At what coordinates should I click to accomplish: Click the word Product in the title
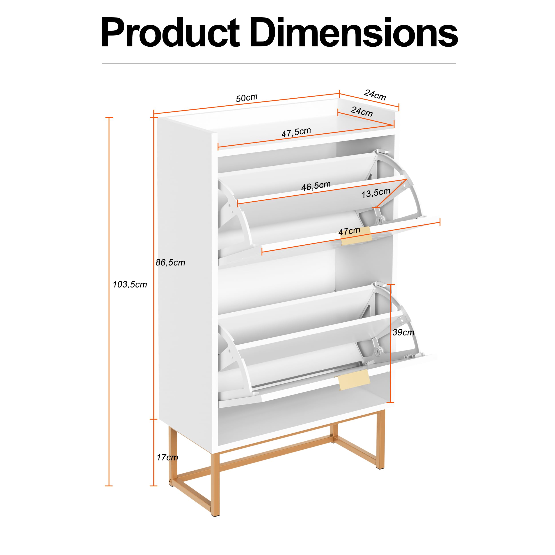point(170,33)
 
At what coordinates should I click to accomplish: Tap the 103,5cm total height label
point(130,284)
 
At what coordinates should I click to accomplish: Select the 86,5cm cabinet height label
point(170,262)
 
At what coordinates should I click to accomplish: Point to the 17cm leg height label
point(167,457)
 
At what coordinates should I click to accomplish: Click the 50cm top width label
point(247,98)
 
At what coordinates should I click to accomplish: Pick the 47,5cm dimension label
point(296,132)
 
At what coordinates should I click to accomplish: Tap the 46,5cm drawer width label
point(316,186)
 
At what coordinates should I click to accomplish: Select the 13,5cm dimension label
point(376,193)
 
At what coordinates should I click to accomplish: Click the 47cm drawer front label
point(349,231)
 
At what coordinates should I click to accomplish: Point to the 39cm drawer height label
point(403,332)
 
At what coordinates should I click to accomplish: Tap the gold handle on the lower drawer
point(354,380)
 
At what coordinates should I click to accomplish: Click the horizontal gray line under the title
point(279,63)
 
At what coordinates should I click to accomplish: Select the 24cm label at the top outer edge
point(375,95)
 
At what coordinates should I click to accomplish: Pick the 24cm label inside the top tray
point(362,111)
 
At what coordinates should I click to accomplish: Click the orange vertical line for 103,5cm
point(109,302)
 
